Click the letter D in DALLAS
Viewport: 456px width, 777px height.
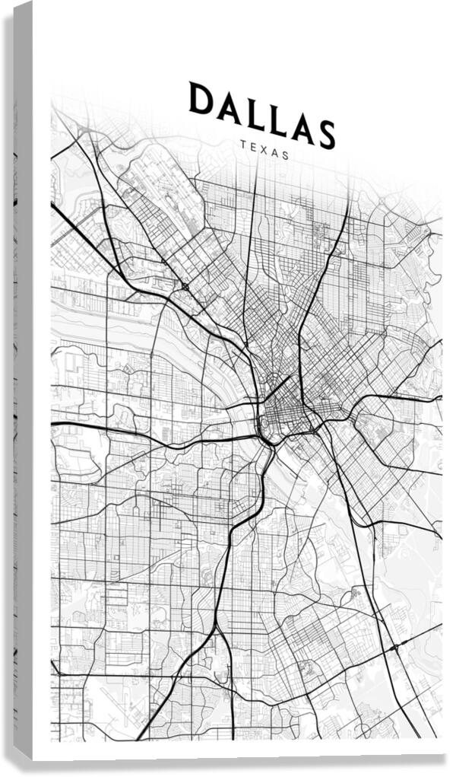201,99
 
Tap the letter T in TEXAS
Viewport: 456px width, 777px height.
242,142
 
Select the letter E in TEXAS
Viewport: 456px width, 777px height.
252,145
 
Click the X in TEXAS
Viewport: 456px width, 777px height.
263,148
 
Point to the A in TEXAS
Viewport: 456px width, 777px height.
274,151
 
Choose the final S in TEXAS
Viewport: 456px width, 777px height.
286,154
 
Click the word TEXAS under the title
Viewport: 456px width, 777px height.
264,148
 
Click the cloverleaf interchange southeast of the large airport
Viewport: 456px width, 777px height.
185,286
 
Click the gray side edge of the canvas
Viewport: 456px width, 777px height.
23,381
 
